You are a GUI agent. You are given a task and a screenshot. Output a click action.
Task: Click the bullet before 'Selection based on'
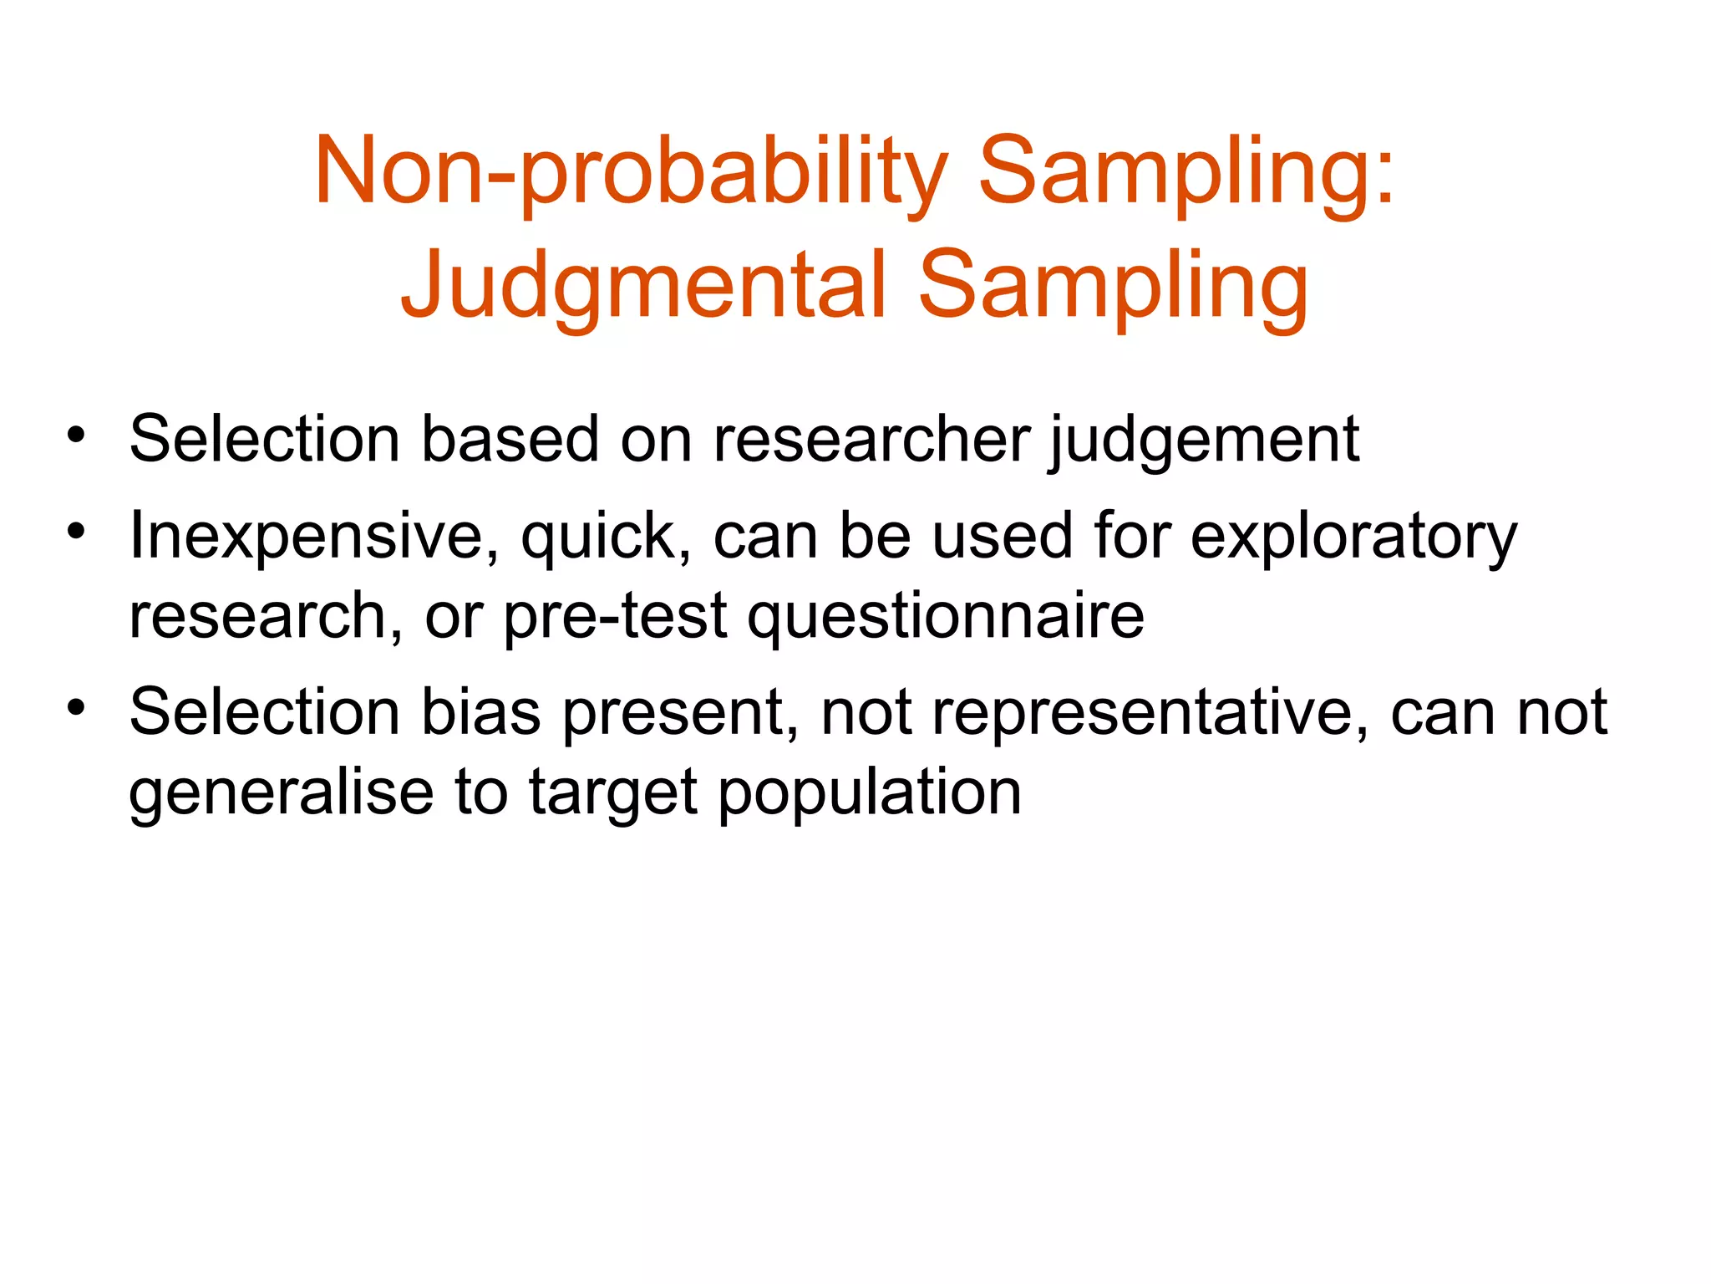(76, 435)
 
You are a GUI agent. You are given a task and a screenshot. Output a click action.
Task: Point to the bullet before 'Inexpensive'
(76, 532)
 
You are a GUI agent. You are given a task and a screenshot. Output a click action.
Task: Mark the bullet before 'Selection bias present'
(76, 708)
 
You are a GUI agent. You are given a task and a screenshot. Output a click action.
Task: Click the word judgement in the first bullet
(1204, 441)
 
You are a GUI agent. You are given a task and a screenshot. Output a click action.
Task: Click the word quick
(605, 537)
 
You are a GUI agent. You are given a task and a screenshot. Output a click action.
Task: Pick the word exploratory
(1353, 537)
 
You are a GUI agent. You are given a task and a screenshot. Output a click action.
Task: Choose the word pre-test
(615, 617)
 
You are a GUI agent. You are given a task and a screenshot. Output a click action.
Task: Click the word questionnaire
(946, 617)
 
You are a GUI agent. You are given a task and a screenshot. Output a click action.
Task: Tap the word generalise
(281, 792)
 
